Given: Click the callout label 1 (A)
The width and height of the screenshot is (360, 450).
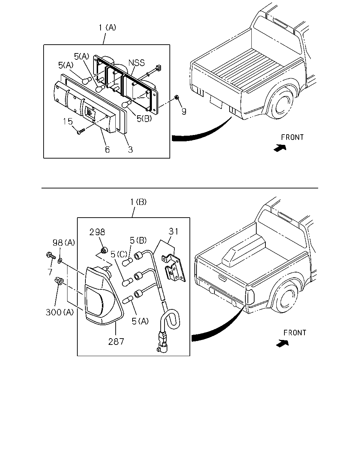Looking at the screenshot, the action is click(107, 28).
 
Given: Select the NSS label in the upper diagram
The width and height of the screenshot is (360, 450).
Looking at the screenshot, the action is click(137, 63).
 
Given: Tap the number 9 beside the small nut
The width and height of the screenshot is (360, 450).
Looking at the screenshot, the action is click(184, 112).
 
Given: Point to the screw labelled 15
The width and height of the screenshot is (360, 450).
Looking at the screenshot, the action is click(81, 131).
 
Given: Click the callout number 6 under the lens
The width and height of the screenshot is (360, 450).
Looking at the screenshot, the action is click(107, 149).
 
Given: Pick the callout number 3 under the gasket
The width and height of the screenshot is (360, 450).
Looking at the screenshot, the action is click(130, 149).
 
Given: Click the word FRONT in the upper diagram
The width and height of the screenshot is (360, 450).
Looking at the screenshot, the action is click(292, 137).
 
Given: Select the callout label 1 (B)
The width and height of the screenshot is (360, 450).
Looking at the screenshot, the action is click(138, 202).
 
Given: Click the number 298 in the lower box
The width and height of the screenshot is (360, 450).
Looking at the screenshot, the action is click(97, 232).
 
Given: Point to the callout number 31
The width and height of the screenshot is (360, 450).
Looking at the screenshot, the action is click(173, 231).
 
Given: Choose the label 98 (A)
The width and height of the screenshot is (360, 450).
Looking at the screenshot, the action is click(64, 243).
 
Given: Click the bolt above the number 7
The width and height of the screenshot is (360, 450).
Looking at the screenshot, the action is click(51, 256).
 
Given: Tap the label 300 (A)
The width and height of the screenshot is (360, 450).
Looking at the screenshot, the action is click(60, 313).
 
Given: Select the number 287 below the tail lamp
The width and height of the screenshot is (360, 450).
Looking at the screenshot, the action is click(116, 342).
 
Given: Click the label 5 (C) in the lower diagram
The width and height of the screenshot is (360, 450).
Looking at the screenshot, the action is click(119, 254).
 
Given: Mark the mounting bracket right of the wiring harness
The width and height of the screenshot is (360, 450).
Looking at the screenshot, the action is click(174, 268).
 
